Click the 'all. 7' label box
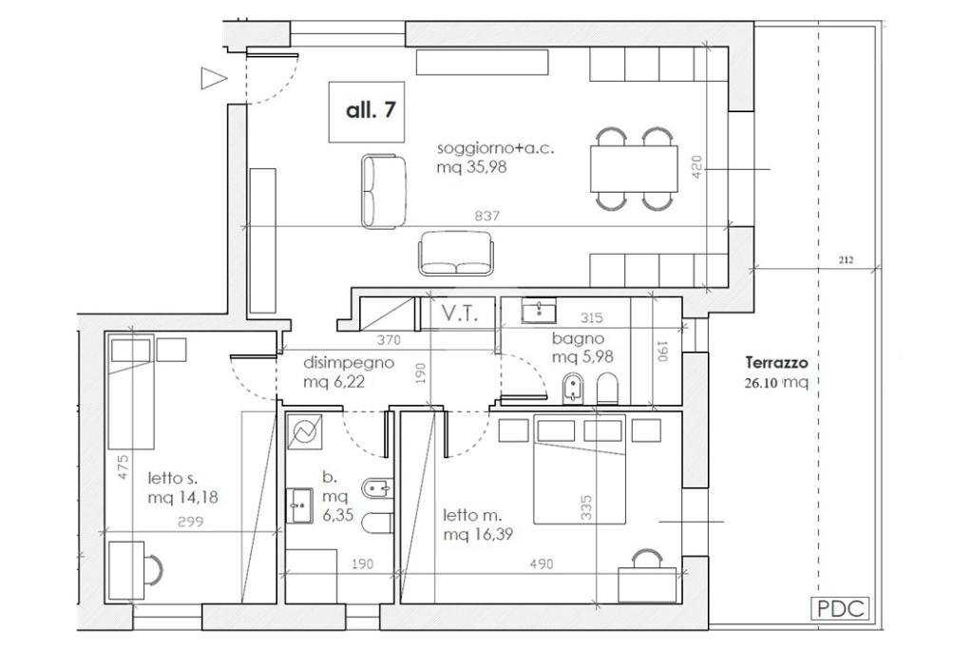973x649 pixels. tap(367, 112)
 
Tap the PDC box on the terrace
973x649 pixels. tap(840, 608)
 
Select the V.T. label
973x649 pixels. tap(459, 314)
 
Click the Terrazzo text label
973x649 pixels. tap(776, 362)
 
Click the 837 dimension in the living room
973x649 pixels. tap(486, 216)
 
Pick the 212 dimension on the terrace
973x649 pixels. tap(846, 260)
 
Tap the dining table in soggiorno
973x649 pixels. tap(633, 169)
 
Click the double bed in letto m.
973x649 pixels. tap(579, 472)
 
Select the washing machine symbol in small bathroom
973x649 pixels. tap(305, 431)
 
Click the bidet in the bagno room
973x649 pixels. tap(571, 389)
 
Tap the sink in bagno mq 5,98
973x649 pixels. tap(539, 312)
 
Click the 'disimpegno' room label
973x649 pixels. tap(348, 363)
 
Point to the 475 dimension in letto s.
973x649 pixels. tap(123, 467)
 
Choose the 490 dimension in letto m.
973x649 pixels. tap(541, 564)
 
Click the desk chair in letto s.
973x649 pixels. tap(154, 569)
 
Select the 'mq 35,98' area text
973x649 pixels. tap(471, 167)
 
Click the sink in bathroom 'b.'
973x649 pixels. tap(299, 506)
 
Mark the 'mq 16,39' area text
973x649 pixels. tap(478, 534)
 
